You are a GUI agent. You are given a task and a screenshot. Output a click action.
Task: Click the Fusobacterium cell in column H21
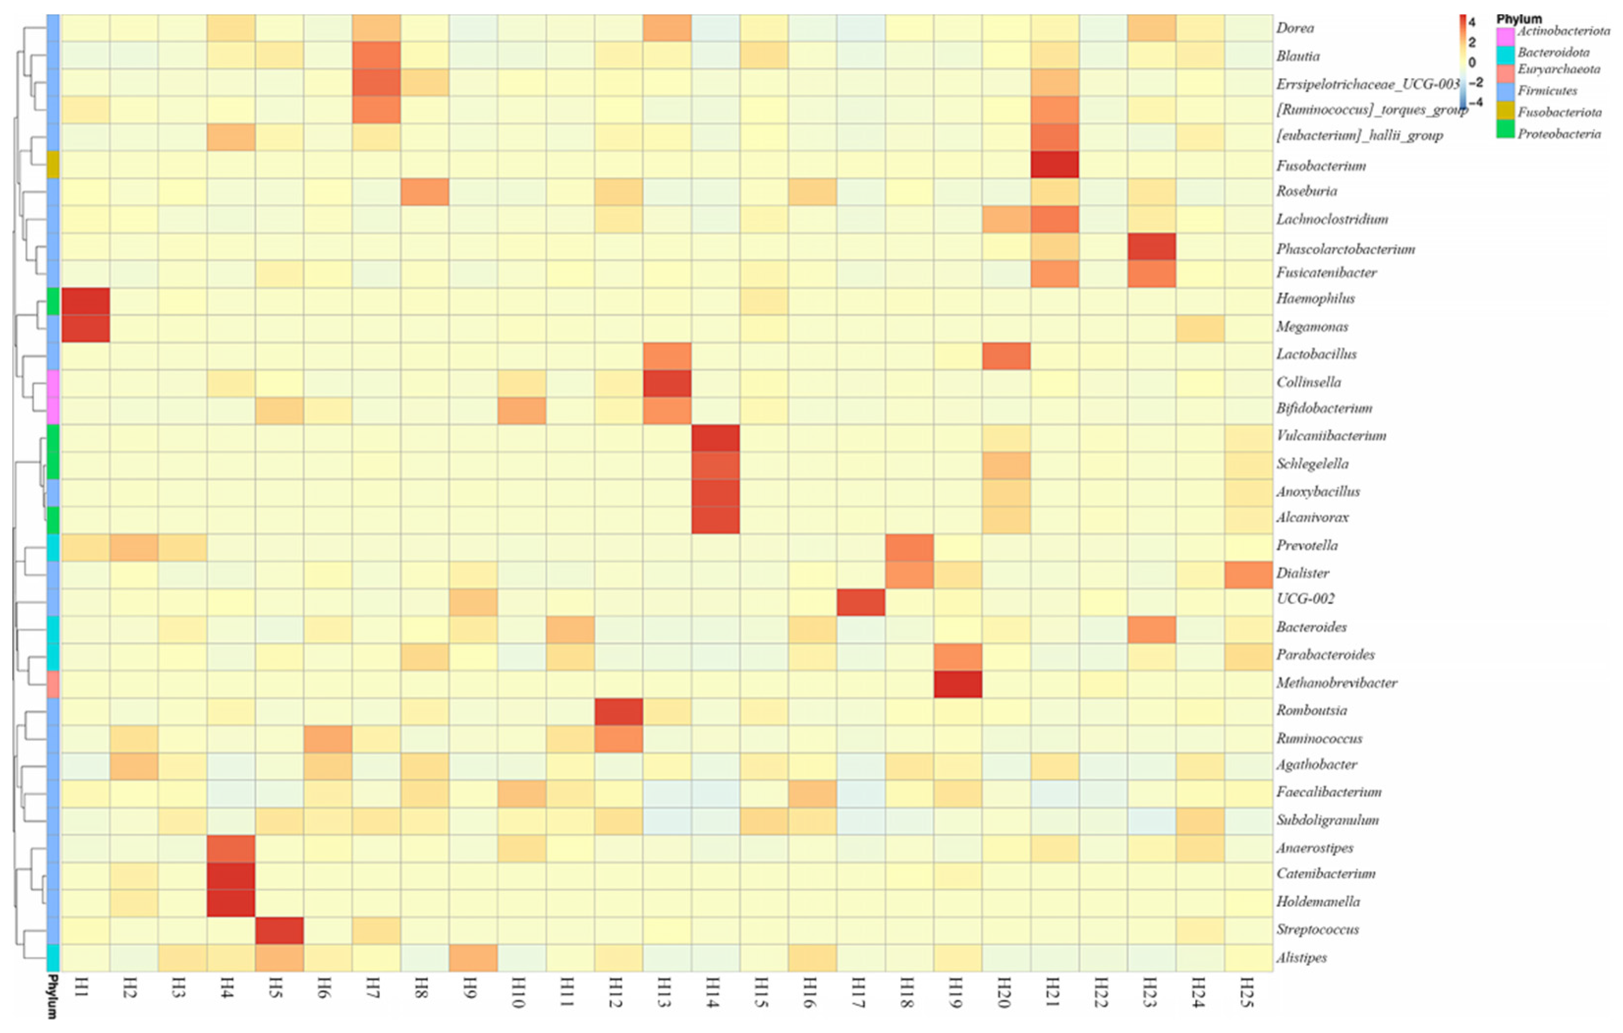[x=1054, y=165]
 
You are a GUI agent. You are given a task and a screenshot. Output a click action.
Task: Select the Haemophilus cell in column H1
[x=85, y=301]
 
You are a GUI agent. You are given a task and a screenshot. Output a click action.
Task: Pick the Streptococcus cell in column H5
[x=279, y=930]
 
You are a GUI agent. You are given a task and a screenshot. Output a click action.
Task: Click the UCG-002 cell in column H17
[x=861, y=602]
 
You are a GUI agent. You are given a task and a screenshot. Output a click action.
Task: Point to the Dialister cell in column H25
[x=1248, y=575]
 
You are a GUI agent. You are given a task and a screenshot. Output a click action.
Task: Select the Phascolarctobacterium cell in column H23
[x=1151, y=247]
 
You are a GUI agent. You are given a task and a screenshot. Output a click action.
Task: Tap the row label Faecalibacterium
[x=1328, y=792]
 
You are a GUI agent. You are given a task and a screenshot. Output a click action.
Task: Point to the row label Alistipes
[x=1301, y=957]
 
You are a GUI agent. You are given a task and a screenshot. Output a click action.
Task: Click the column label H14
[x=714, y=992]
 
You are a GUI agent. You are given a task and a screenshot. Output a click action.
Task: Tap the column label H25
[x=1248, y=992]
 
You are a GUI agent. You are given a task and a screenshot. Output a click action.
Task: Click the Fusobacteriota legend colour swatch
[x=1505, y=111]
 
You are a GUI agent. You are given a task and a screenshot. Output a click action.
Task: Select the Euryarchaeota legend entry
[x=1558, y=69]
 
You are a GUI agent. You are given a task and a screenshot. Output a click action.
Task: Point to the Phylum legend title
[x=1518, y=19]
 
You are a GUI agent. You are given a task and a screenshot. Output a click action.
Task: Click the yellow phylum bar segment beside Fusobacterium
[x=53, y=165]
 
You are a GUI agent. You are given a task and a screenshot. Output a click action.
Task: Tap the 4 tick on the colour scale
[x=1471, y=22]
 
